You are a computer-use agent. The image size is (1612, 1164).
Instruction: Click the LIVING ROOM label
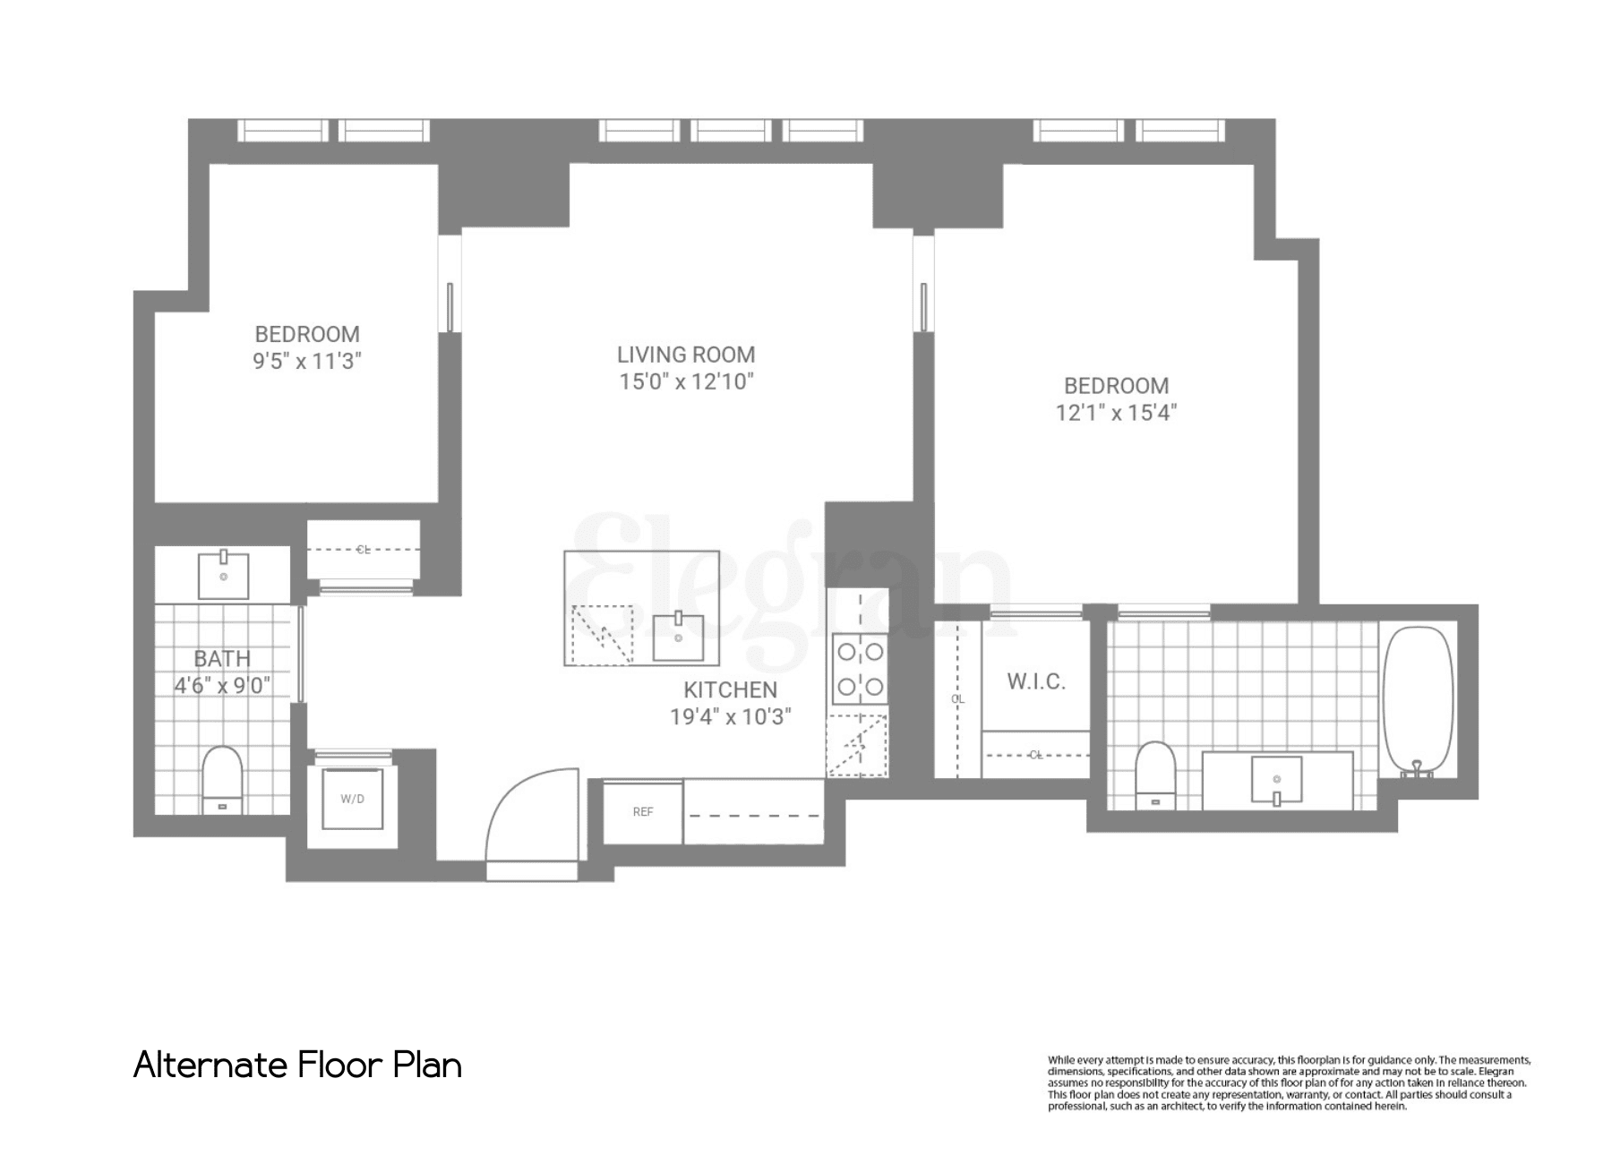point(686,355)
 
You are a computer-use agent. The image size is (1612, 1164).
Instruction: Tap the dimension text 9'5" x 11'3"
point(307,362)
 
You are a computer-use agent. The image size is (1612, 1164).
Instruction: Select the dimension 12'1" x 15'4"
point(1116,413)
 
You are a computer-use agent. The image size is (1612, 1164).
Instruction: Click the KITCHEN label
point(730,690)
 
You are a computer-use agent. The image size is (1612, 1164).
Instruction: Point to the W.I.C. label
point(1036,682)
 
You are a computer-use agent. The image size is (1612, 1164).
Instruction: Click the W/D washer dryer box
point(352,799)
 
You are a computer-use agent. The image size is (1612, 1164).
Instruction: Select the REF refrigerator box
point(642,812)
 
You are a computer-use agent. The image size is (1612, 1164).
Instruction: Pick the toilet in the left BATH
point(222,778)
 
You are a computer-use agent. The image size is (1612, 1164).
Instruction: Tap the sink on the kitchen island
point(678,637)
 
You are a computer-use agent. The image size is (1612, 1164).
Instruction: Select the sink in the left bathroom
point(223,575)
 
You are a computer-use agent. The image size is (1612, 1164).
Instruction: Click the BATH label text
point(222,659)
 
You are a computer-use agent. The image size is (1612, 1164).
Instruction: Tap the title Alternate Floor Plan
point(297,1066)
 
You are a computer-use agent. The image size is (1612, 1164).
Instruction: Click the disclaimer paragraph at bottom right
point(1289,1083)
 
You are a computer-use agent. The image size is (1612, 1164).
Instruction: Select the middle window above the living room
point(731,131)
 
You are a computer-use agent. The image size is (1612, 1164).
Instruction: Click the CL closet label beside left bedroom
point(363,550)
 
